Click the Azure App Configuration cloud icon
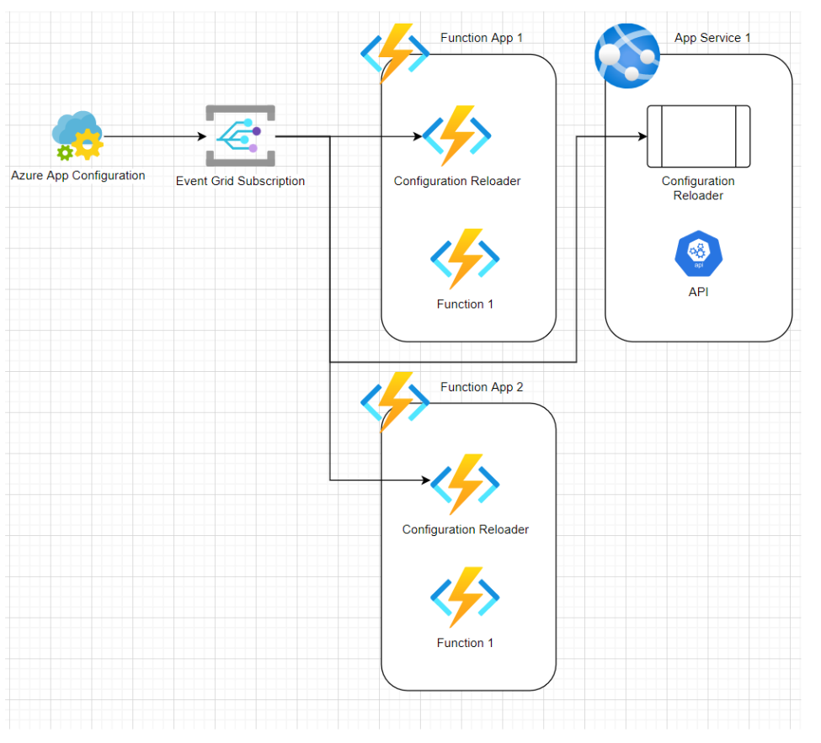tap(77, 136)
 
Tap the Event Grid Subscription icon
tap(240, 136)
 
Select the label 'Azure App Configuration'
tap(78, 175)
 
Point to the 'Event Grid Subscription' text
tap(240, 181)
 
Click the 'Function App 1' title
tap(481, 38)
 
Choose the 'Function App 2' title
tap(481, 387)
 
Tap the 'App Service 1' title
tap(712, 38)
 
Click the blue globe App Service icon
tap(627, 56)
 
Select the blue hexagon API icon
tap(698, 253)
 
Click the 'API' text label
tap(698, 292)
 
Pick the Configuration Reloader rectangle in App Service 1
tap(698, 136)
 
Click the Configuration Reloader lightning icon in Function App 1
tap(457, 136)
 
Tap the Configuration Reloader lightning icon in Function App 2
tap(465, 485)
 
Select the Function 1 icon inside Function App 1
tap(465, 259)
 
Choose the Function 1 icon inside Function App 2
tap(465, 597)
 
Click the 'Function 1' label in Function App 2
tap(465, 643)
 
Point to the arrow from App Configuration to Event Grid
tap(156, 136)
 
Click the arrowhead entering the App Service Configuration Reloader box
tap(643, 136)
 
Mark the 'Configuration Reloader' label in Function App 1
tap(457, 181)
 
